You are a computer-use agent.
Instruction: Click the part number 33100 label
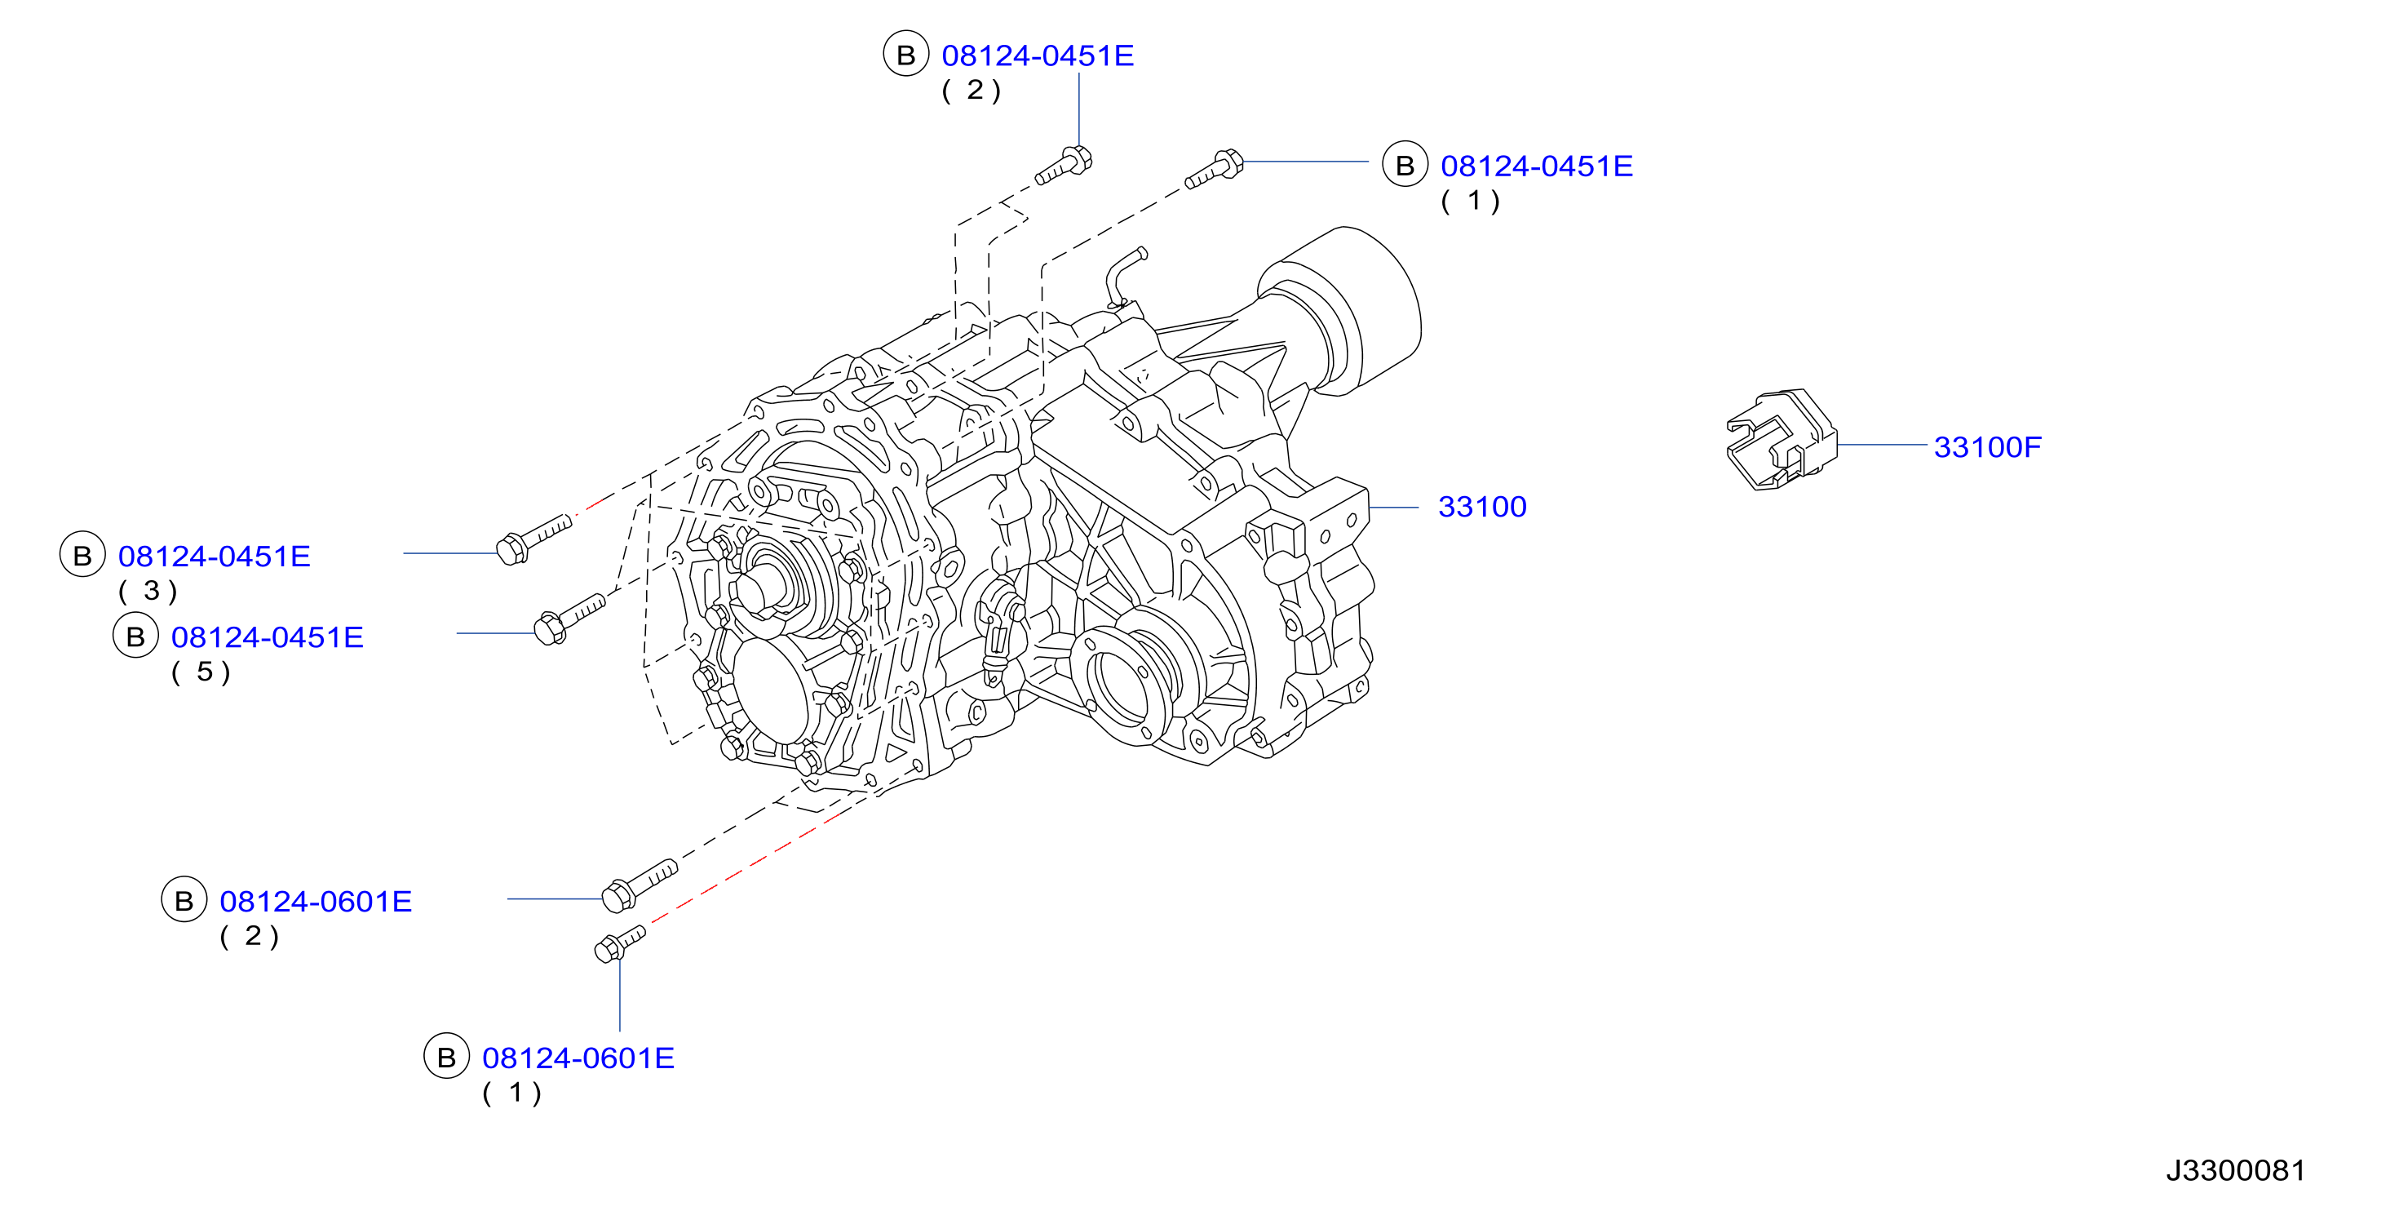tap(1481, 507)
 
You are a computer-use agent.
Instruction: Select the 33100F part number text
tap(1987, 447)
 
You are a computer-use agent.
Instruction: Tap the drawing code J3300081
tap(2235, 1170)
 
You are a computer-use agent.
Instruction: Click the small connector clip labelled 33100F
tap(1781, 440)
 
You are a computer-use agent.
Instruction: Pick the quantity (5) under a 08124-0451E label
tap(201, 672)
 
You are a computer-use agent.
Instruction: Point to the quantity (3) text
tap(148, 591)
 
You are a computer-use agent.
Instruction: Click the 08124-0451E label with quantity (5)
tap(268, 637)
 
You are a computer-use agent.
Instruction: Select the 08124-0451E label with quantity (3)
tap(215, 556)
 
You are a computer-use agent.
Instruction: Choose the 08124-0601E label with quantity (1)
tap(578, 1058)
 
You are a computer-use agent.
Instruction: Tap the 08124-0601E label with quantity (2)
tap(316, 902)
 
